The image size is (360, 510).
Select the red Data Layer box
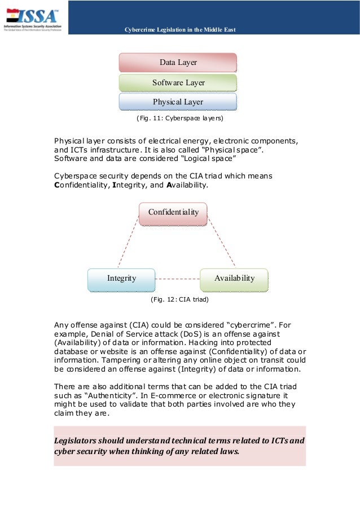click(178, 62)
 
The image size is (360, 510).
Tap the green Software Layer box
click(178, 82)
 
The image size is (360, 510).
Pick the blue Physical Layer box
click(178, 102)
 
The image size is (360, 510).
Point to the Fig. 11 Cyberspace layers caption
click(179, 119)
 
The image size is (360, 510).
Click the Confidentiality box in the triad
click(173, 212)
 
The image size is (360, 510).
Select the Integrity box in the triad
click(121, 278)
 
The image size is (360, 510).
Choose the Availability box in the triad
click(234, 278)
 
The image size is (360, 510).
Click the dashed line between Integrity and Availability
click(177, 278)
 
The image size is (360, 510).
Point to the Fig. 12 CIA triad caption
click(179, 299)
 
